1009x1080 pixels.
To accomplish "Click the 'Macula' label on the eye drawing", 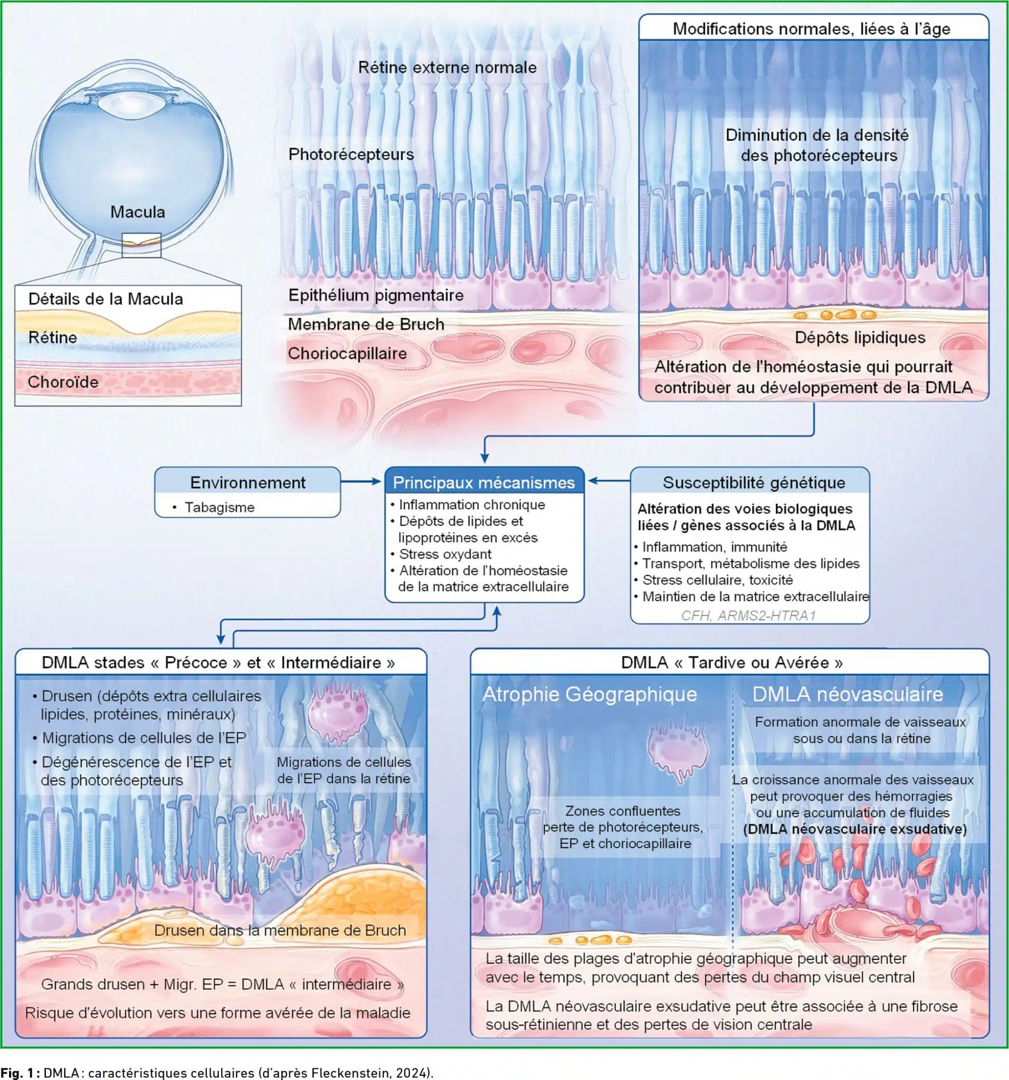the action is click(x=138, y=212).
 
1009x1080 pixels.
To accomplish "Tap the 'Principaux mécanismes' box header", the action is click(x=484, y=483).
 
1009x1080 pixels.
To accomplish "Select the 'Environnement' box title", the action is click(x=248, y=483).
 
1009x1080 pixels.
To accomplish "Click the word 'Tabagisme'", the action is click(x=220, y=507).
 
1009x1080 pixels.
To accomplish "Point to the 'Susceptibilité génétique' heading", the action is click(x=754, y=483).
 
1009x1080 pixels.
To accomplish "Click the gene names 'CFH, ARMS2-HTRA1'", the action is click(x=749, y=615).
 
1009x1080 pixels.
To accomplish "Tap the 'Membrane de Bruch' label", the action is click(x=366, y=324).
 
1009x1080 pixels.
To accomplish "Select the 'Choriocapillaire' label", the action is click(x=347, y=354).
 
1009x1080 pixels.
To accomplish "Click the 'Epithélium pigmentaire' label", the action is click(x=376, y=295).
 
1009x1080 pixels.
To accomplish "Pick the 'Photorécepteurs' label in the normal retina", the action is click(x=351, y=155).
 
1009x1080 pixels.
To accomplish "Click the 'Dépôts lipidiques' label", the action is click(x=860, y=337).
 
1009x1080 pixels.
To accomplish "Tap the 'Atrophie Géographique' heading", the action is click(x=590, y=695).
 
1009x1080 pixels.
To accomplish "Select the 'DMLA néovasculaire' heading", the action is click(x=848, y=694).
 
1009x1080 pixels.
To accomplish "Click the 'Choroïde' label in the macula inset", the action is click(x=63, y=382).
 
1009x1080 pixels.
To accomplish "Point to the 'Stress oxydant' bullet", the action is click(x=445, y=554).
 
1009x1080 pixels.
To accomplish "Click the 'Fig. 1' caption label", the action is click(x=18, y=1073).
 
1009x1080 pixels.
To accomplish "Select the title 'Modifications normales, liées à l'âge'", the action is click(x=812, y=29).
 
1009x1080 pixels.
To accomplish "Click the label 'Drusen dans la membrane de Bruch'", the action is click(x=280, y=930).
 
